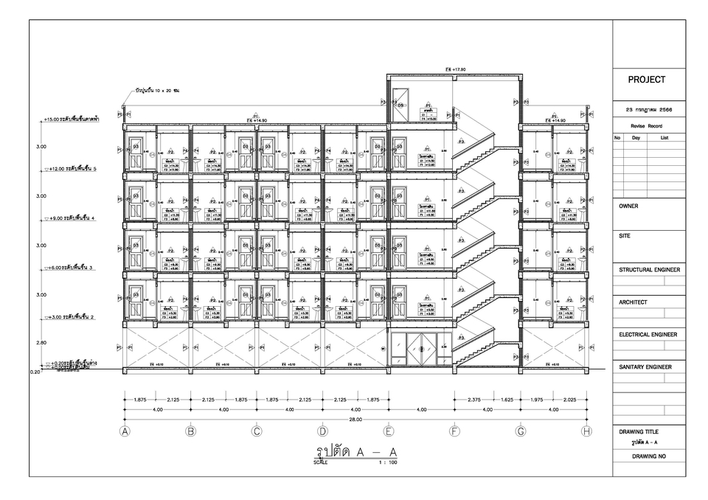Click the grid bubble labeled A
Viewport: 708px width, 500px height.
125,431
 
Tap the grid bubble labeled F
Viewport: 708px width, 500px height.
454,431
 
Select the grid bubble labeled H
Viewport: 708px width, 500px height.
586,431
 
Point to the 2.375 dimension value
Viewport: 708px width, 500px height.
475,400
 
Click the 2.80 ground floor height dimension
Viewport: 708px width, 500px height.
41,343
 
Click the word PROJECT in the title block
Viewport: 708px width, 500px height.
647,80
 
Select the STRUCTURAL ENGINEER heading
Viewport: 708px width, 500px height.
649,270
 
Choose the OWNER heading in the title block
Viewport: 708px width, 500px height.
629,206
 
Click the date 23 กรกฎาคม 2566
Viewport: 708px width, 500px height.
648,110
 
